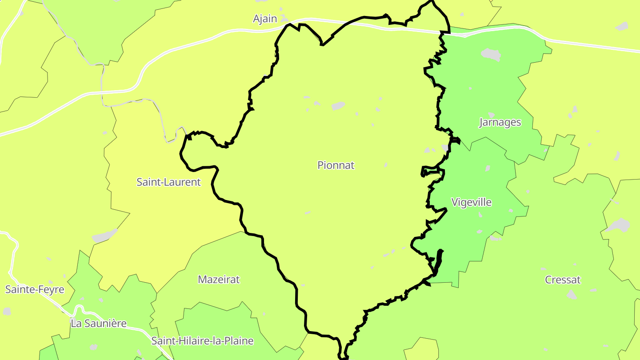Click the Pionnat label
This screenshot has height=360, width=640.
tap(336, 165)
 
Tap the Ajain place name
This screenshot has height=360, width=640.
tap(265, 19)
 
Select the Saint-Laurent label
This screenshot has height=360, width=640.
tap(168, 182)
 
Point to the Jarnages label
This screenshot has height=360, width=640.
tap(500, 122)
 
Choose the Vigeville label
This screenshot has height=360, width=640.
tap(472, 202)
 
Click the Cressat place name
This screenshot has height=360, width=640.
tap(563, 280)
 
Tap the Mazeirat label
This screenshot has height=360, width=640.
tap(219, 280)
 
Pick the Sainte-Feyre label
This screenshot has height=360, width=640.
tap(35, 290)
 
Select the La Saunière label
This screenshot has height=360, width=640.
tap(99, 324)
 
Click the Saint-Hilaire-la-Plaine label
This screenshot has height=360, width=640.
tap(202, 341)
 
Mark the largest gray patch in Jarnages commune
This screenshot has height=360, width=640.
tap(491, 55)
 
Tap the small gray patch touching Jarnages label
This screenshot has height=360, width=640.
tap(491, 115)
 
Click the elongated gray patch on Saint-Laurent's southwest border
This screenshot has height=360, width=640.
tap(105, 236)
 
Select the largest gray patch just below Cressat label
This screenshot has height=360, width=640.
tap(572, 295)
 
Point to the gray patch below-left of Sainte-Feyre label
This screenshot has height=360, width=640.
tap(7, 311)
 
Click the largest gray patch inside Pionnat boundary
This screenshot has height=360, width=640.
tap(338, 106)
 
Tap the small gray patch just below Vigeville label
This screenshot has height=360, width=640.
tap(480, 215)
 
